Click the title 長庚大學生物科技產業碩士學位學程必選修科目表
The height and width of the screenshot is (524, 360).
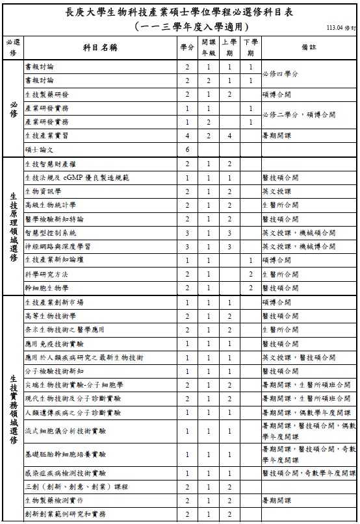180,12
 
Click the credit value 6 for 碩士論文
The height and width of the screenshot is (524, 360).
187,149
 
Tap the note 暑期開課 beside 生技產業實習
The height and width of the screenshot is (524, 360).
276,136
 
